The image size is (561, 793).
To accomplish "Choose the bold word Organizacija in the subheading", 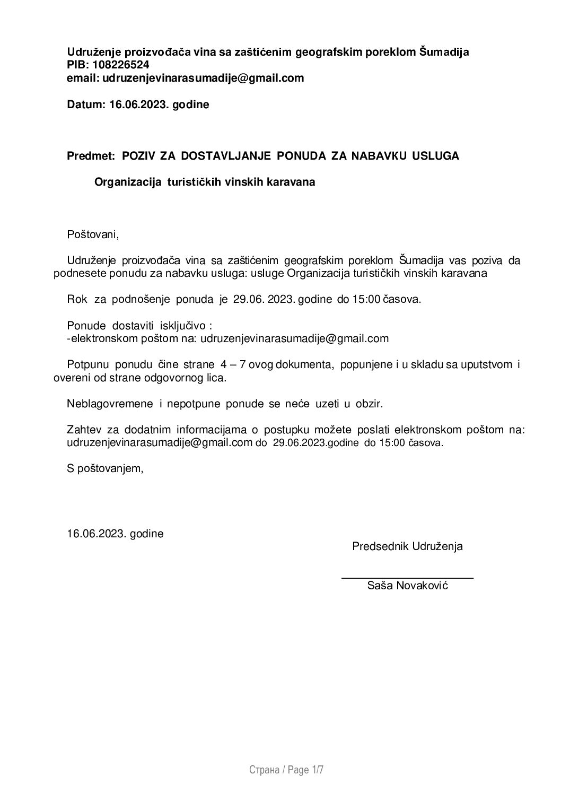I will tap(128, 182).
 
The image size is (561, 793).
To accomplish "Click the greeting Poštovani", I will tap(93, 234).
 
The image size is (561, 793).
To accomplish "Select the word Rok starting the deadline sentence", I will tap(77, 299).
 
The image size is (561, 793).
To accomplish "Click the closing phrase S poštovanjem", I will tap(105, 468).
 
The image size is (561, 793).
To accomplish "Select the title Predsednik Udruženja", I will tap(407, 546).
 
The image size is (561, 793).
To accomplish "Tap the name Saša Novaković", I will tap(407, 586).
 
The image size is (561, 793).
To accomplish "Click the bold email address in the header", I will tap(203, 78).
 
